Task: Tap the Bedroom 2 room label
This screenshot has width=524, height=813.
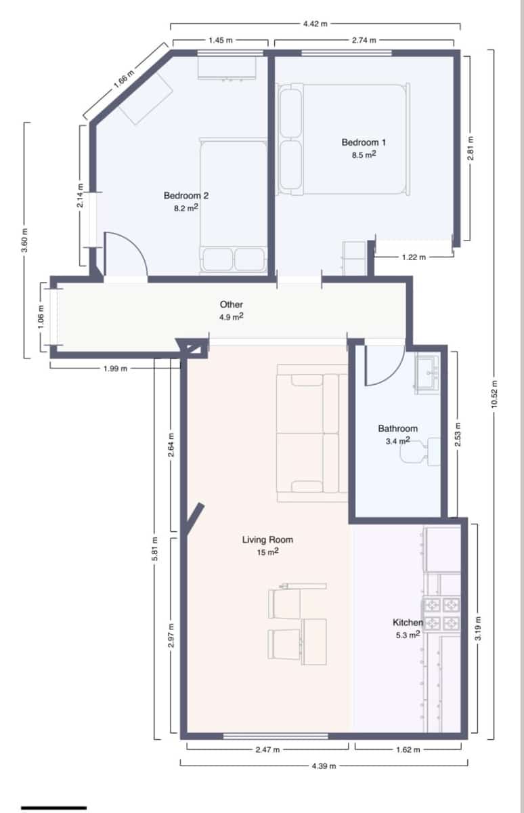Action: click(x=186, y=196)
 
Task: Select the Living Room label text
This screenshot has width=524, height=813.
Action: click(x=267, y=540)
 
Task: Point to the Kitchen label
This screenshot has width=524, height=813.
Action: click(x=408, y=622)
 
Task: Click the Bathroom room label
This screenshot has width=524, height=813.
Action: click(x=397, y=428)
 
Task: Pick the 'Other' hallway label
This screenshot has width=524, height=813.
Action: click(x=231, y=305)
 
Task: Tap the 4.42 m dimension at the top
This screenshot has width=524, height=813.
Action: click(x=315, y=24)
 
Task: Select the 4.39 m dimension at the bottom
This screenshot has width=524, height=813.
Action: click(x=324, y=766)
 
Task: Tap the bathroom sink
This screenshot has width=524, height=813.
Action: click(x=427, y=373)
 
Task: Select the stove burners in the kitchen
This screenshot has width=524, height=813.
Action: click(x=441, y=613)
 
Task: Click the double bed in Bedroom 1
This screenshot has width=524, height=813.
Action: click(x=344, y=139)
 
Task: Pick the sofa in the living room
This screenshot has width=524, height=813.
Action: click(x=308, y=434)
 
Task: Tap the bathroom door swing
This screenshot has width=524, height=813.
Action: click(x=383, y=367)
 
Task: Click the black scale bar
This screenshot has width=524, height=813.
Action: click(x=53, y=808)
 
